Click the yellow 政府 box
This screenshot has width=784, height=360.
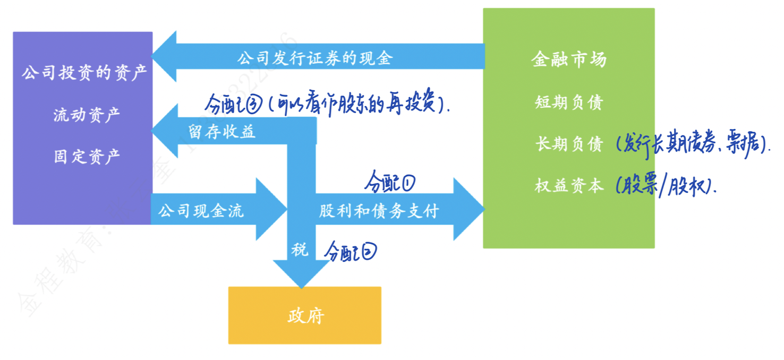[305, 315]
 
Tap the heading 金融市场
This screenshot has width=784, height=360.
[568, 59]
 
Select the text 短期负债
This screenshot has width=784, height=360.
[568, 102]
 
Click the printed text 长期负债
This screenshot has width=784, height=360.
[568, 144]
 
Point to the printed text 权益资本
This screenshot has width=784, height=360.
[568, 186]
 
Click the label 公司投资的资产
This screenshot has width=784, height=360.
[84, 73]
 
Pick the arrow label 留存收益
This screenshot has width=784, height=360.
[221, 132]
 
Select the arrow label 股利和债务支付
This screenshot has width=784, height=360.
[379, 211]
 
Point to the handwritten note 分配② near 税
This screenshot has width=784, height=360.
[351, 251]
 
